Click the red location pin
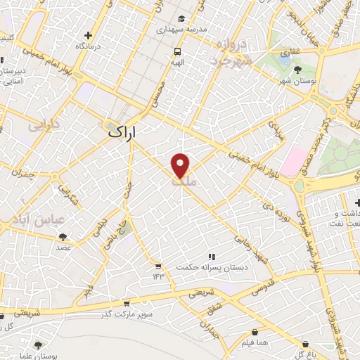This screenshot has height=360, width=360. (181, 165)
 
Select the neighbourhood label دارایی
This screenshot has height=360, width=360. (44, 128)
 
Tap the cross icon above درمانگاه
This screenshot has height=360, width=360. (88, 35)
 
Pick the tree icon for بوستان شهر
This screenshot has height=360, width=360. (298, 70)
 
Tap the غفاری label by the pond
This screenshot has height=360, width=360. (290, 53)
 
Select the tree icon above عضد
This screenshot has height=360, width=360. (63, 237)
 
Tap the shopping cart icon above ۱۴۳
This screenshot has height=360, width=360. (157, 266)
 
